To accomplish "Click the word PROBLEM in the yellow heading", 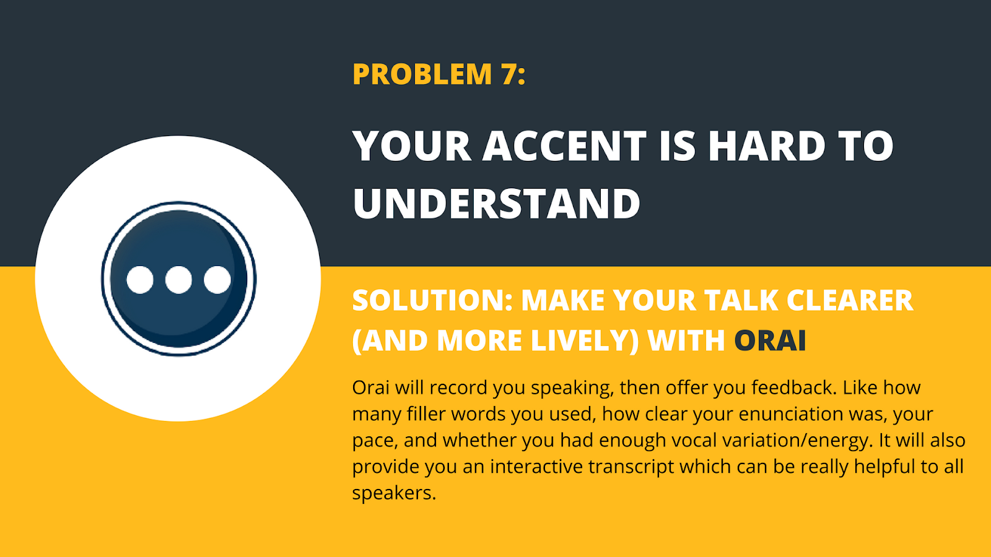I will [422, 74].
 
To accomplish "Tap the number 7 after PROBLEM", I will [510, 74].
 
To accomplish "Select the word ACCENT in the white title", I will [564, 147].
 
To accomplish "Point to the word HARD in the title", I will [767, 147].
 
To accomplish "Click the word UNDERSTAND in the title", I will [496, 204].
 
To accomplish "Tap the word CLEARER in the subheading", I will [850, 301].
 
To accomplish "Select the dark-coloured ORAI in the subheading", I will [770, 341].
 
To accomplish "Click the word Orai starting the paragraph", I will [371, 387].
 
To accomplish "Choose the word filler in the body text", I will [426, 413].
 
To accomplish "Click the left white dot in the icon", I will [140, 280].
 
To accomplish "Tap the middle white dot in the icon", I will [178, 280].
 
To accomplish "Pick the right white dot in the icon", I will [217, 280].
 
